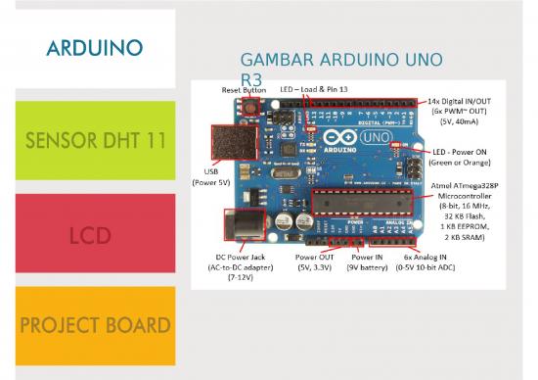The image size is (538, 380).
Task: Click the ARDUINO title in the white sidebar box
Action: (95, 47)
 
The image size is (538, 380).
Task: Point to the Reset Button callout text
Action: (244, 89)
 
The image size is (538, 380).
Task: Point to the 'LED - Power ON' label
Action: (466, 152)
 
